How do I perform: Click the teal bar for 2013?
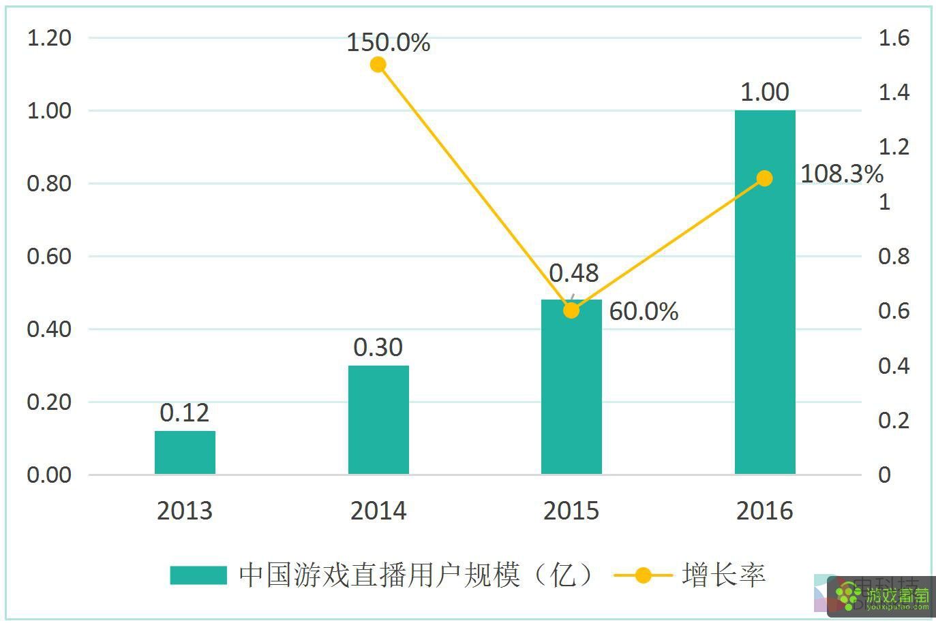[185, 452]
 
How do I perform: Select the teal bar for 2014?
[378, 419]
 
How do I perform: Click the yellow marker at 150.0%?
[378, 65]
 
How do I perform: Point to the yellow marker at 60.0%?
[571, 310]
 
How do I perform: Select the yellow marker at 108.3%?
[765, 178]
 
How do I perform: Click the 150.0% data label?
[389, 42]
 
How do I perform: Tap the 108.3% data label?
[841, 174]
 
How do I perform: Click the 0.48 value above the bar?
[574, 273]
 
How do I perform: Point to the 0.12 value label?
[185, 413]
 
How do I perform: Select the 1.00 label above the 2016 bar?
[765, 92]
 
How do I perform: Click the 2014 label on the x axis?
[378, 511]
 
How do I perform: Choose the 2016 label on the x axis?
[765, 511]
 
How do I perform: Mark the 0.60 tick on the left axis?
[49, 257]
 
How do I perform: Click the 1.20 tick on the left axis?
[49, 38]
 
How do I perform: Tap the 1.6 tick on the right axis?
[894, 38]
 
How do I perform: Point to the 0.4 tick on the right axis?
[894, 366]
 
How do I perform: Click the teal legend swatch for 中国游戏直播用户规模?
[198, 575]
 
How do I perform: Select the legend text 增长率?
[723, 575]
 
